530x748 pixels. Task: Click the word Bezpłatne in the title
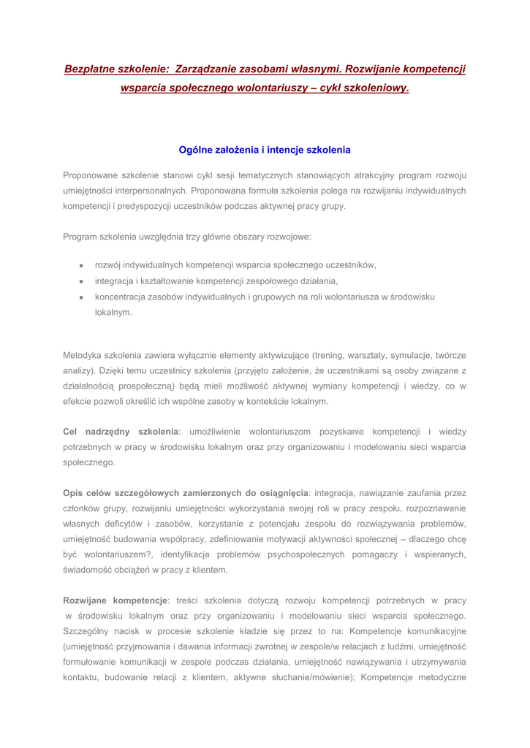pyautogui.click(x=91, y=69)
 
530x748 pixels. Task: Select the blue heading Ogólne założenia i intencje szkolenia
pyautogui.click(x=265, y=150)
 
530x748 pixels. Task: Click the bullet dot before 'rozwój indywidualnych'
pyautogui.click(x=82, y=265)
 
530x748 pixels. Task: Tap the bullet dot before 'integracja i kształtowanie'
pyautogui.click(x=82, y=281)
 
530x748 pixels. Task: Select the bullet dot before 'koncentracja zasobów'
pyautogui.click(x=82, y=297)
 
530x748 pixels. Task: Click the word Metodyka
pyautogui.click(x=84, y=355)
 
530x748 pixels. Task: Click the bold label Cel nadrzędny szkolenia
pyautogui.click(x=121, y=432)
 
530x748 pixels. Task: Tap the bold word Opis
pyautogui.click(x=75, y=493)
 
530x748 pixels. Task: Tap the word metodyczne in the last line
pyautogui.click(x=440, y=677)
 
